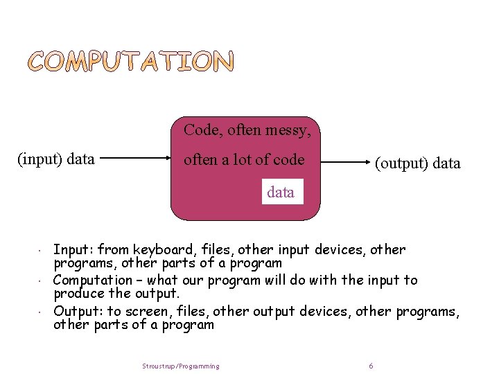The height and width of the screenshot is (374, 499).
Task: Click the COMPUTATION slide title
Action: (x=131, y=62)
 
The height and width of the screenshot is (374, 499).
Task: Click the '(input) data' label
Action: (x=56, y=159)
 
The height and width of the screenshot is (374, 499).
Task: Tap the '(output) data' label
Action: (x=417, y=163)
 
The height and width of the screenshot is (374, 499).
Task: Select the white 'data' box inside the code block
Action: (x=281, y=192)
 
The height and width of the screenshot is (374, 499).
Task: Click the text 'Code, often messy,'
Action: (x=247, y=130)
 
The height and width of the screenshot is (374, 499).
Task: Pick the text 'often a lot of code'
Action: (x=244, y=159)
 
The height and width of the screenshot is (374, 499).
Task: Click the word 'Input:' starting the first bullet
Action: (x=73, y=249)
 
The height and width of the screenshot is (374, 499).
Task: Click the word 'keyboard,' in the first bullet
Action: (x=161, y=249)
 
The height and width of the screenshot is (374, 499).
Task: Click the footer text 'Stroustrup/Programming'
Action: (x=181, y=366)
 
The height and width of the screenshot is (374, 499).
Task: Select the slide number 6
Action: (x=371, y=366)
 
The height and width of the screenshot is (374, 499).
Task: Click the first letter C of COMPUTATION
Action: (x=40, y=62)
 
